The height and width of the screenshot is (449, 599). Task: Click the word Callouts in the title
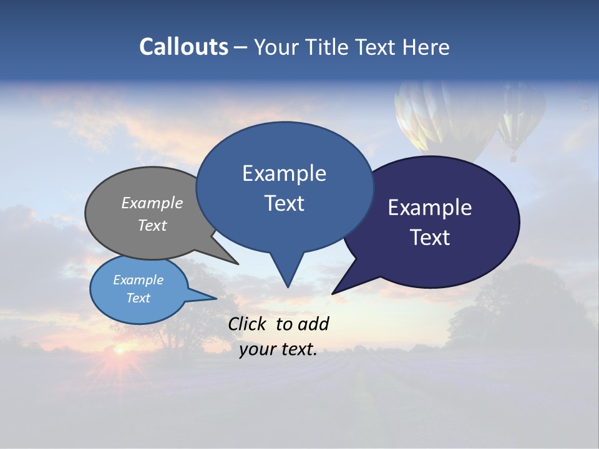coord(183,47)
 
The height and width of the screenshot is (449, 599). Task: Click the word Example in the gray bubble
coord(152,203)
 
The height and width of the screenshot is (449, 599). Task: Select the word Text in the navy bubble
coord(431,238)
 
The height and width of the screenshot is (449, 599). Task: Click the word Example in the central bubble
coord(284,173)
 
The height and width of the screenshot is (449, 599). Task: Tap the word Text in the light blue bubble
coord(139,298)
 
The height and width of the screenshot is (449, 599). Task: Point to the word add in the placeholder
coord(313,324)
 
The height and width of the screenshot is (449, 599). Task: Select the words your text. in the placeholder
coord(278,350)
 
